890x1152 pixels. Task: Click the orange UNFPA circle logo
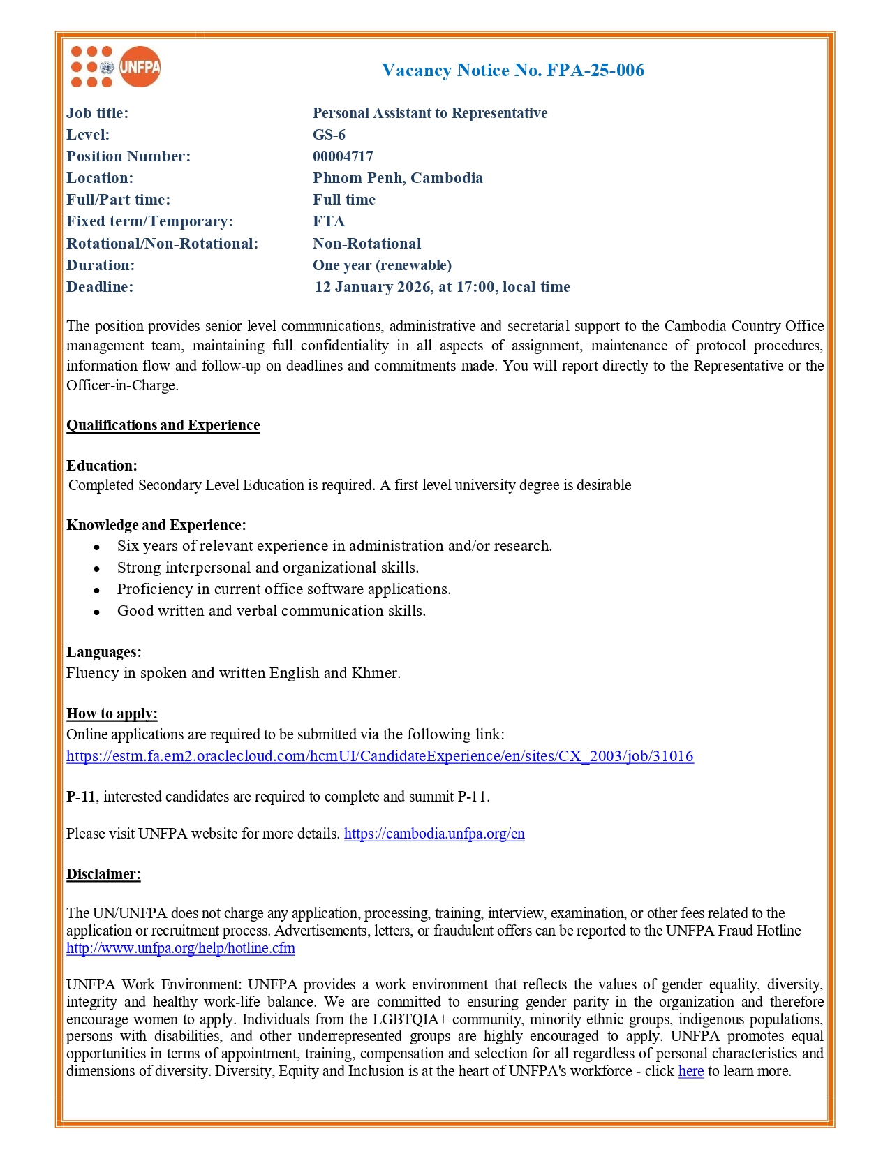tap(140, 67)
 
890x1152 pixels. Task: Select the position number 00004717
tap(343, 156)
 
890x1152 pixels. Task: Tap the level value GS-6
tap(329, 135)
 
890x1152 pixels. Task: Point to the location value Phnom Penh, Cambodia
tap(397, 178)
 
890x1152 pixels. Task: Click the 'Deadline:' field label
tap(100, 287)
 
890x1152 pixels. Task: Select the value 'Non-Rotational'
tap(366, 244)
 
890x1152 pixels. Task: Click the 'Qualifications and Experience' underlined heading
tap(163, 425)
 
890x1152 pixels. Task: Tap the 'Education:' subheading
tap(102, 466)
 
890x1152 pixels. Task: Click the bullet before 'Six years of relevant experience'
tap(97, 547)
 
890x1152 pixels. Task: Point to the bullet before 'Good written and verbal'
tap(97, 612)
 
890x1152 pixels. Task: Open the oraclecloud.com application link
tap(380, 756)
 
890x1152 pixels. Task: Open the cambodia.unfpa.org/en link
tap(434, 834)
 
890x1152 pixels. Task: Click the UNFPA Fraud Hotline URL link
tap(181, 948)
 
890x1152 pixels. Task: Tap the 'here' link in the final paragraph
tap(690, 1071)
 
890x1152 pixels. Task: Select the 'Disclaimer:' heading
tap(103, 874)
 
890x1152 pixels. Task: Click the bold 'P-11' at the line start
tap(80, 797)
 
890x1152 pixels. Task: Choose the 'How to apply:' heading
tap(112, 714)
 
